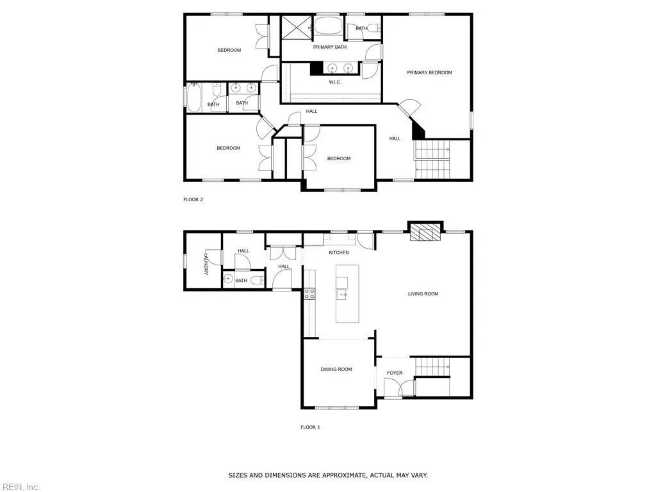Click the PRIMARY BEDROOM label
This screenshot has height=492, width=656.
pyautogui.click(x=429, y=72)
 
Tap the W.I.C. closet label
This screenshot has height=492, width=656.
pyautogui.click(x=334, y=82)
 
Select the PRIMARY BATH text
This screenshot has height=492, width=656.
pyautogui.click(x=329, y=47)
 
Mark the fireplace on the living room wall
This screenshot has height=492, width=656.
pyautogui.click(x=425, y=233)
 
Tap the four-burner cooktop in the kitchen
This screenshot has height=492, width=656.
pyautogui.click(x=309, y=294)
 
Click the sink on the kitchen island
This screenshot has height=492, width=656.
pyautogui.click(x=342, y=294)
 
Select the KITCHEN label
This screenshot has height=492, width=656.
pyautogui.click(x=339, y=252)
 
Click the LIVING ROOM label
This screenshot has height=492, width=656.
pyautogui.click(x=423, y=294)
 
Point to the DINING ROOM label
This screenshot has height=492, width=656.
pyautogui.click(x=336, y=369)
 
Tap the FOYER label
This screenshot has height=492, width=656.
pyautogui.click(x=395, y=373)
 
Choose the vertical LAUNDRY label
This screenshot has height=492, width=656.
pyautogui.click(x=206, y=264)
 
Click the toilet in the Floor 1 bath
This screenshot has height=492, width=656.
pyautogui.click(x=256, y=281)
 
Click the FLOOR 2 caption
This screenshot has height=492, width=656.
pyautogui.click(x=193, y=199)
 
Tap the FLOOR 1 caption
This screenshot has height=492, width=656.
pyautogui.click(x=310, y=427)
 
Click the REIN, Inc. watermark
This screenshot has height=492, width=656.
pyautogui.click(x=20, y=487)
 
